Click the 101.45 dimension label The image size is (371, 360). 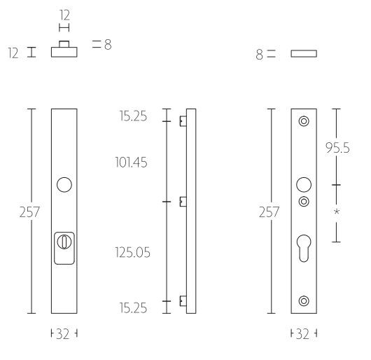coord(132,162)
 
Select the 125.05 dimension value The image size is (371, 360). coord(132,251)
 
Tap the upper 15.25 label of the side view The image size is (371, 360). coord(134,116)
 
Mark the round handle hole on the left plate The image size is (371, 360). coord(64,185)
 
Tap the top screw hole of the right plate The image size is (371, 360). coord(303,121)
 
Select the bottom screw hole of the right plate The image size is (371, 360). coord(303,301)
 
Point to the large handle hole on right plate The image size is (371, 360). coord(303,185)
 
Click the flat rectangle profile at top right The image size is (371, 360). coord(304,53)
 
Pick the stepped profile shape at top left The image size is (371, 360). coord(64,51)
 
